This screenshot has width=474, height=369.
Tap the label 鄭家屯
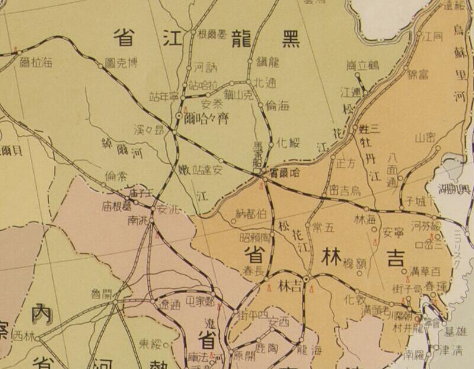200,301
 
